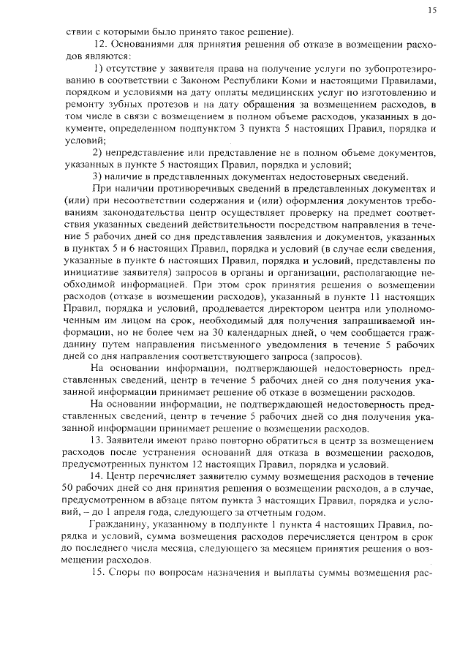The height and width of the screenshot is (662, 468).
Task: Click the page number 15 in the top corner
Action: [432, 10]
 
